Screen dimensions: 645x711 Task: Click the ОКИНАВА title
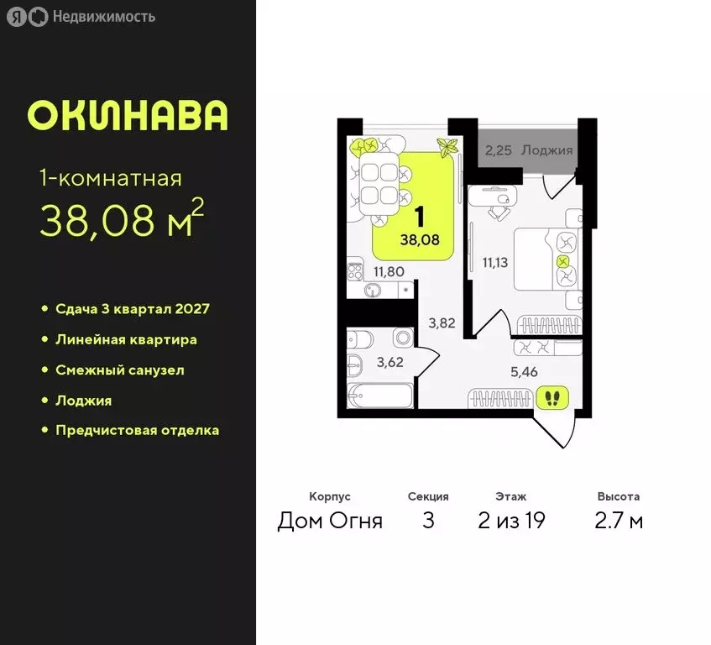(128, 116)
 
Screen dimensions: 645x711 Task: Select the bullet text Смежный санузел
(120, 370)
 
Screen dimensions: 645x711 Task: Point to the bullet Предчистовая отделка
(137, 430)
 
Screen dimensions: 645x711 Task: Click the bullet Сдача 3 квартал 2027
(132, 308)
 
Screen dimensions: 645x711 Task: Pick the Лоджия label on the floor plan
(546, 150)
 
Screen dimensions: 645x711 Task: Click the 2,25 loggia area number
(499, 150)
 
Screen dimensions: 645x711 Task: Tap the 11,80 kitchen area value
(388, 271)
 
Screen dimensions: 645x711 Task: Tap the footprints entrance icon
(551, 396)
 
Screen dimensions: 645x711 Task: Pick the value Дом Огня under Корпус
(330, 521)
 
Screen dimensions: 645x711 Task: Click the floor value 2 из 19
(511, 521)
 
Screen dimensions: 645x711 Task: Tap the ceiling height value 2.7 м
(618, 521)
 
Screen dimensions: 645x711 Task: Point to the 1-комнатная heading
(111, 178)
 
